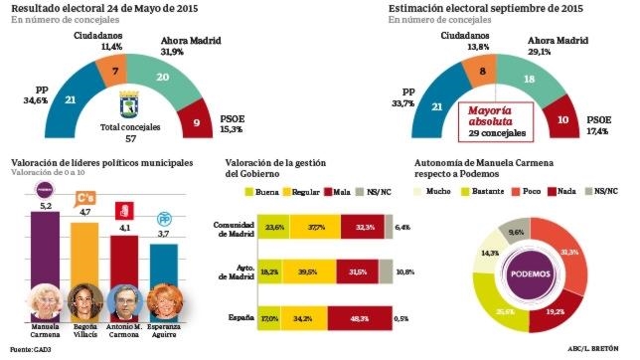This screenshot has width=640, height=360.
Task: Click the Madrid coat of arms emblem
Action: pyautogui.click(x=129, y=103)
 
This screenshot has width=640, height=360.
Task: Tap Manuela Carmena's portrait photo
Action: pyautogui.click(x=43, y=299)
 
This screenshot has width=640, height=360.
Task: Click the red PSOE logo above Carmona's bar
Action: pyautogui.click(x=124, y=210)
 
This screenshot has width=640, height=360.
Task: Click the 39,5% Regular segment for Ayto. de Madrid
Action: pyautogui.click(x=305, y=274)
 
